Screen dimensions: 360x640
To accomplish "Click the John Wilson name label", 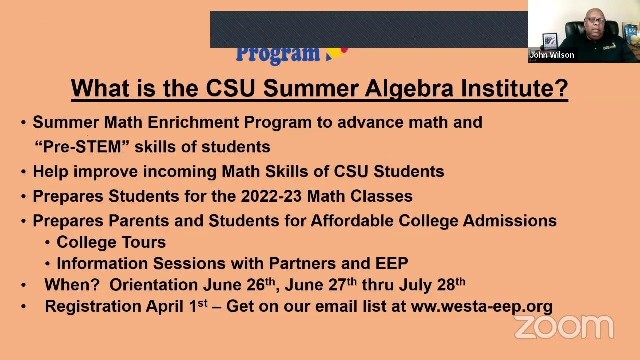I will [x=552, y=55].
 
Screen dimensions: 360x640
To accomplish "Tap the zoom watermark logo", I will [x=564, y=327].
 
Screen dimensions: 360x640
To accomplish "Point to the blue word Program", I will [x=277, y=53].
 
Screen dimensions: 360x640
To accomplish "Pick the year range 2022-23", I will [x=271, y=196].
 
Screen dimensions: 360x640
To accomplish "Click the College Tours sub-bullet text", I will [x=111, y=242].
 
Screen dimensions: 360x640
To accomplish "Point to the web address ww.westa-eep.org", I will [x=481, y=306].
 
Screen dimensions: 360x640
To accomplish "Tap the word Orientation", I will [x=153, y=285].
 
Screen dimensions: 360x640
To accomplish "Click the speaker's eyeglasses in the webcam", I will [x=594, y=21].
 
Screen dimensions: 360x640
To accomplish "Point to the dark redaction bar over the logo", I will [x=369, y=29].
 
